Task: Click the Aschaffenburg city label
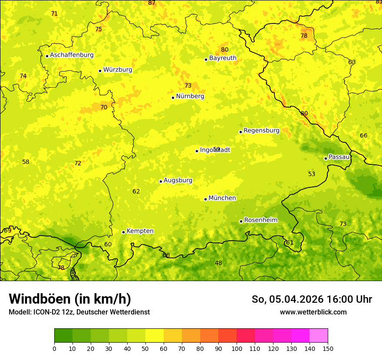coord(72,55)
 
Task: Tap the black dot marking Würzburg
coord(100,71)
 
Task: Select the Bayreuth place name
coord(223,58)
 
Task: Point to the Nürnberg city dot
coord(173,98)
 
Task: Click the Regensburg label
coord(261,131)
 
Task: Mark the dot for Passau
coord(326,158)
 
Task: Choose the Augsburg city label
coord(178,180)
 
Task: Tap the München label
coord(222,198)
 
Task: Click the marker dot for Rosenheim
coord(241,221)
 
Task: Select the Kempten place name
coord(140,231)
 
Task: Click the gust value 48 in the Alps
coord(218,263)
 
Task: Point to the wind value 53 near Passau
coord(312,174)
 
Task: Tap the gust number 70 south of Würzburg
coord(104,107)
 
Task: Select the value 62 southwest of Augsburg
coord(136,191)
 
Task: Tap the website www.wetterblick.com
coord(313,312)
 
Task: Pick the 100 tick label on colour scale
coord(237,348)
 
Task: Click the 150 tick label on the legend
coord(328,348)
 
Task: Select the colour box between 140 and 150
coord(319,336)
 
